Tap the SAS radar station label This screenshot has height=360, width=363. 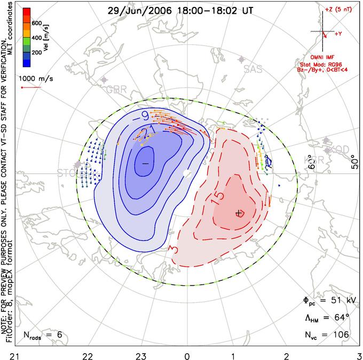[253, 69]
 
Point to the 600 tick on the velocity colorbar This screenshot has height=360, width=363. [37, 24]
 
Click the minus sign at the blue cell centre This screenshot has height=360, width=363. [144, 162]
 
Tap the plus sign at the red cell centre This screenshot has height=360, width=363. [239, 214]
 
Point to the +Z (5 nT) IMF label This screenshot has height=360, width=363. [338, 10]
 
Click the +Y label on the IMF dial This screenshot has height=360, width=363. [338, 34]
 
